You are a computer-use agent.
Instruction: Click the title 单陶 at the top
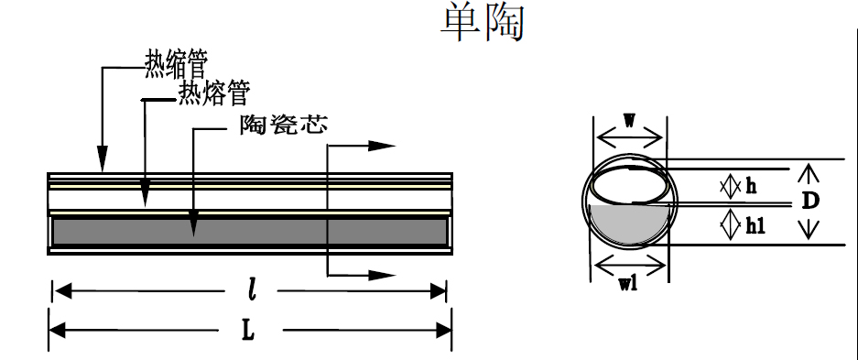click(483, 23)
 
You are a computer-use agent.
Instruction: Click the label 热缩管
click(176, 62)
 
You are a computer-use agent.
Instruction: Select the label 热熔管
click(213, 92)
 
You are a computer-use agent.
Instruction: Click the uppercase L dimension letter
click(248, 331)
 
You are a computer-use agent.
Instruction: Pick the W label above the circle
click(629, 120)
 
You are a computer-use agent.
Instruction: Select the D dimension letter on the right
click(809, 201)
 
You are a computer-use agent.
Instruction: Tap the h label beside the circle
click(751, 186)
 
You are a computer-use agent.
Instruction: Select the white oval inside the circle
click(627, 185)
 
